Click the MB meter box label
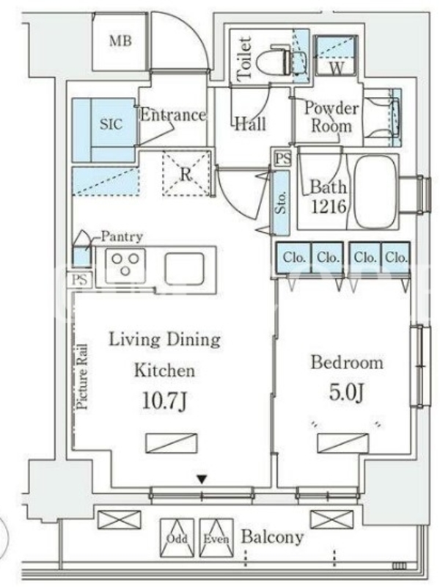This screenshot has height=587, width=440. coord(120,40)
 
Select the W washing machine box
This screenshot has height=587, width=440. coord(336,56)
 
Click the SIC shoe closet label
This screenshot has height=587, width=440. coord(111,124)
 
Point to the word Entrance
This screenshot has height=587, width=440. coord(173,114)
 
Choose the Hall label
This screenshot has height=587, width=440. coord(251,123)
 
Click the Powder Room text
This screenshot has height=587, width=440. coord(331,117)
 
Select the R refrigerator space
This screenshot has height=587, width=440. coord(186,172)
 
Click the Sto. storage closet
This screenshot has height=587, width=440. coord(282,203)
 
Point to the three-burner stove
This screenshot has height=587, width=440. coord(125,266)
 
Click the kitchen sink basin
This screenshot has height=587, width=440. coord(185,269)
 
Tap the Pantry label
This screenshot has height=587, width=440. coord(122,236)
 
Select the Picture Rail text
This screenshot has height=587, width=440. coord(82,376)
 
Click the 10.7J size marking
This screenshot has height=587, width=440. coord(164,401)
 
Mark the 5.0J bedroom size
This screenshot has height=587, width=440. coord(346,393)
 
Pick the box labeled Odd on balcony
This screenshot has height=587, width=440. coord(177,538)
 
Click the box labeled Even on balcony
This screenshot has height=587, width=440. coord(216,538)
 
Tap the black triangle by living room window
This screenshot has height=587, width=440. coord(202,479)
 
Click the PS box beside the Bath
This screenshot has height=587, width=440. coord(282,158)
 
